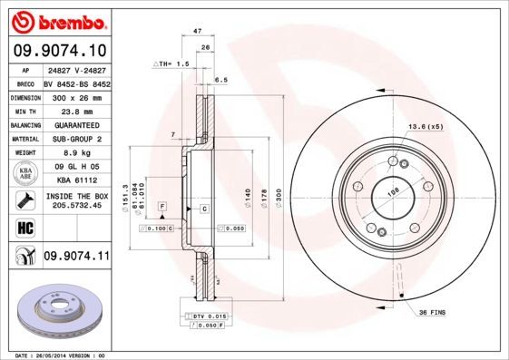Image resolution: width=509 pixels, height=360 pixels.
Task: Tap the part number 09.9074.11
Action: tap(75, 258)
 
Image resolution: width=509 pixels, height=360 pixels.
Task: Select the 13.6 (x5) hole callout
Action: tap(426, 126)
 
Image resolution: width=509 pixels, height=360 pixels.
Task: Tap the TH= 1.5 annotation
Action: tap(171, 65)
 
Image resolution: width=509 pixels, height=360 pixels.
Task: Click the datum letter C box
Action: tap(203, 209)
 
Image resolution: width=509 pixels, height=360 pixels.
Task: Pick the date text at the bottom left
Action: tap(54, 355)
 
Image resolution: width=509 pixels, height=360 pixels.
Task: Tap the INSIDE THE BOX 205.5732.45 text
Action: tap(75, 200)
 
